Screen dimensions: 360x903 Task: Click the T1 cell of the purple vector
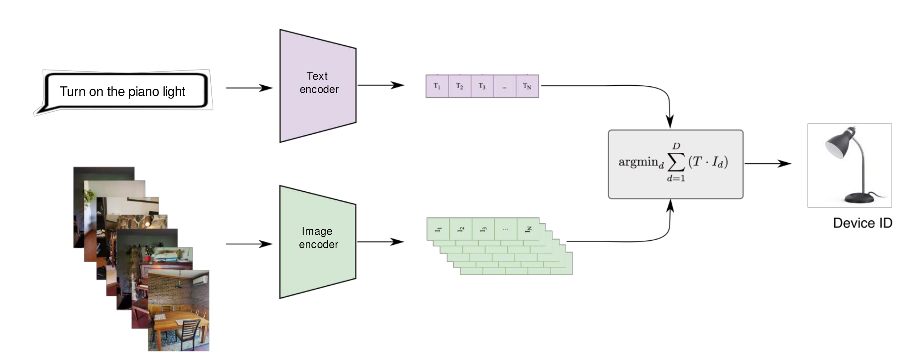click(437, 86)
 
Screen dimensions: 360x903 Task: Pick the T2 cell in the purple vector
click(459, 86)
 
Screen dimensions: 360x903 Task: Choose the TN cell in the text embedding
click(527, 86)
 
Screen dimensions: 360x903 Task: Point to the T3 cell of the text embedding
click(482, 86)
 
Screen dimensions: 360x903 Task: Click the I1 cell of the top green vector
click(438, 229)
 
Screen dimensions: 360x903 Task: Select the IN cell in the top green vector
click(528, 229)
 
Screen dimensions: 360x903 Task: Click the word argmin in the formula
click(638, 162)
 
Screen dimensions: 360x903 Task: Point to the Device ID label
click(862, 223)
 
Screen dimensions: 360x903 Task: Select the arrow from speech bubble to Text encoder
click(249, 88)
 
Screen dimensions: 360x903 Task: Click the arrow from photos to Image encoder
click(249, 244)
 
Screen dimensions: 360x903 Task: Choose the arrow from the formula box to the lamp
click(767, 164)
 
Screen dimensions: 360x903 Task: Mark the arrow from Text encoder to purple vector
click(381, 85)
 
